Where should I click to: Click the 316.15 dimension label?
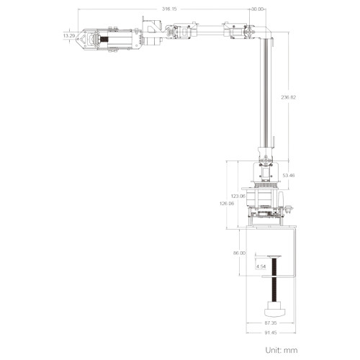point(169,9)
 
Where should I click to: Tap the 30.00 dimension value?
point(257,9)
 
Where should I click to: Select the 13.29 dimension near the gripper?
point(69,36)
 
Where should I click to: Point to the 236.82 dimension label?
point(289,97)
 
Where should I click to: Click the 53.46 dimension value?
point(289,176)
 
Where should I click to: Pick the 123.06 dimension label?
point(238,196)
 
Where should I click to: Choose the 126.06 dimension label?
point(227,204)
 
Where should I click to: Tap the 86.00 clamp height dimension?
point(239,253)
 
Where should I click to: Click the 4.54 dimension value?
point(261,266)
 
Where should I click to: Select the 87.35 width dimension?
point(271,323)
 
